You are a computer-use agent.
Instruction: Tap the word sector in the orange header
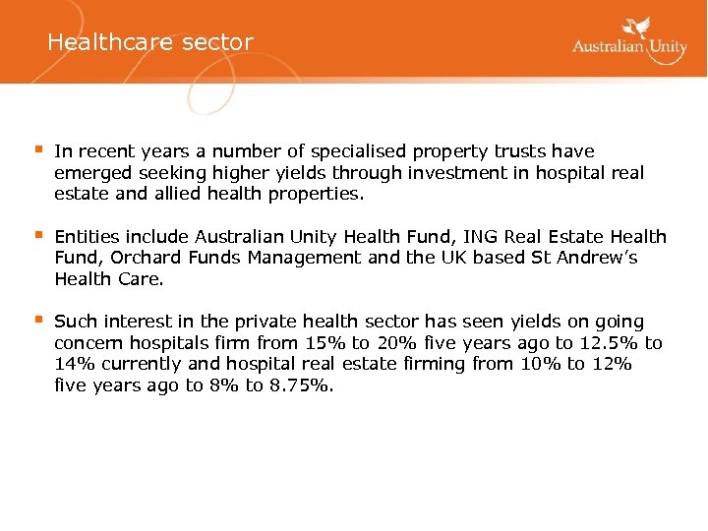[217, 42]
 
